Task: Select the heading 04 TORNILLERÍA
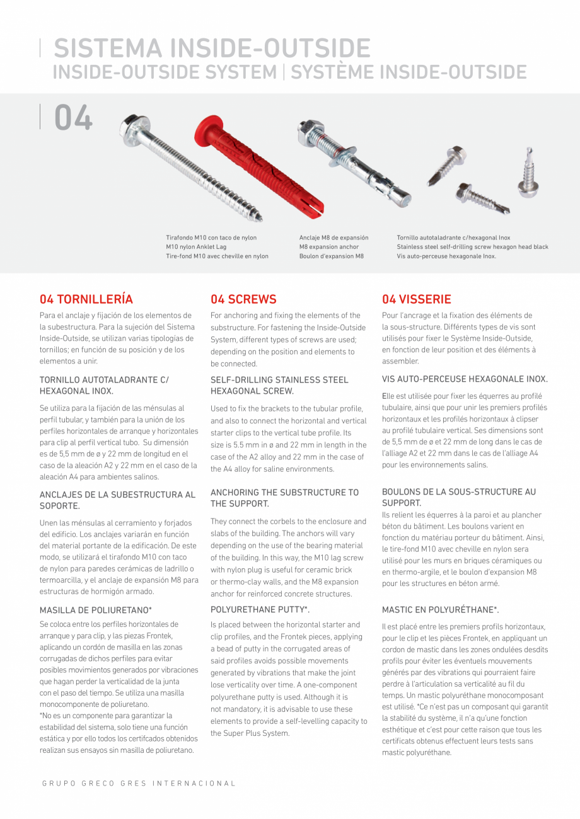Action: tap(86, 299)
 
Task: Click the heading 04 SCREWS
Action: tap(243, 299)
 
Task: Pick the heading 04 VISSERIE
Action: tap(417, 299)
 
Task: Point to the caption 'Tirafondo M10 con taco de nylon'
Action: tap(211, 238)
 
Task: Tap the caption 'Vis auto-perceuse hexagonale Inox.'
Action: tap(446, 256)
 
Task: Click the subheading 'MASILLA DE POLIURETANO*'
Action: tap(96, 610)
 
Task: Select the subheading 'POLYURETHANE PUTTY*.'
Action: tap(260, 610)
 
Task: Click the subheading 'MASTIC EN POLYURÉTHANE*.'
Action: tap(441, 610)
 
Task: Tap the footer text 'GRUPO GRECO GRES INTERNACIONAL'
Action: tap(139, 784)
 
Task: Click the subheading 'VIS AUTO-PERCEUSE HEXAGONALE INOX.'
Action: tap(465, 379)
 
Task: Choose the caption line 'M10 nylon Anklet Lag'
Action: tap(195, 247)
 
